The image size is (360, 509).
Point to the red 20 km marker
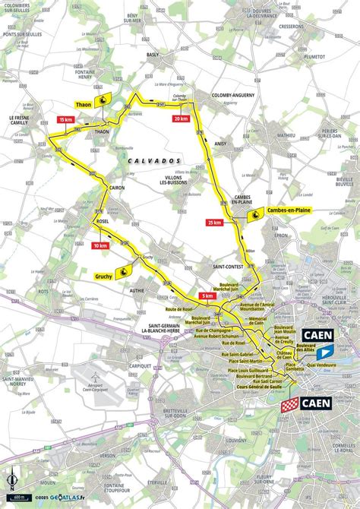coord(180,119)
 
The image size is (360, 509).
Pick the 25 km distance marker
coord(213,223)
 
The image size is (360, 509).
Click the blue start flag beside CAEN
coord(324,352)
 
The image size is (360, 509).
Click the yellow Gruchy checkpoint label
coord(104,277)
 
